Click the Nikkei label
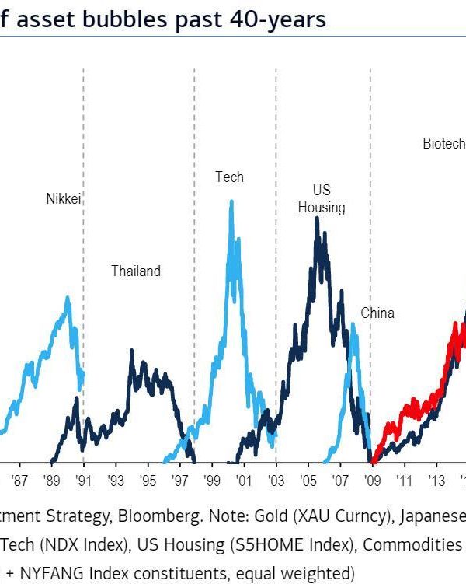(x=64, y=198)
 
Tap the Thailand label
(x=135, y=271)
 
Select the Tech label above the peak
(x=229, y=177)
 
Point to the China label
(x=377, y=313)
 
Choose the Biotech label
(x=443, y=143)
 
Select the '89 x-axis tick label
(x=52, y=480)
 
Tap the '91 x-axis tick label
(x=84, y=480)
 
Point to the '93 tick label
(x=116, y=480)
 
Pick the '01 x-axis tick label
(x=243, y=480)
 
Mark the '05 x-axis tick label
(x=308, y=480)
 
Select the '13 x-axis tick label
(x=436, y=480)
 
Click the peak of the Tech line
(x=231, y=201)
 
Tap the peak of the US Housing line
(x=316, y=219)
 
